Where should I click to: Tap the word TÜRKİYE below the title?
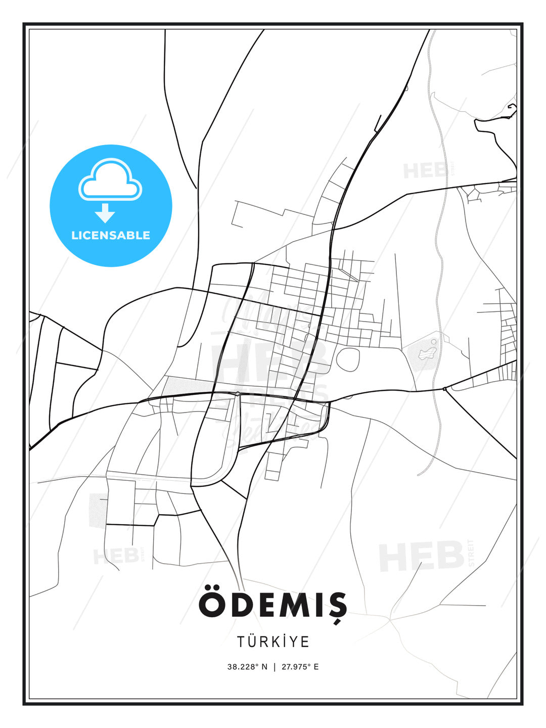tap(273, 642)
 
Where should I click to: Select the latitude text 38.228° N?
tap(247, 667)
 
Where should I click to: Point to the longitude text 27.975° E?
tap(300, 667)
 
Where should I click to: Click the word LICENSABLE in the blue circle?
tap(111, 235)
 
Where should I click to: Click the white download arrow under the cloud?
tap(105, 213)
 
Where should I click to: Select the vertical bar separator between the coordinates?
tap(275, 667)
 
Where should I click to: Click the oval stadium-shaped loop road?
tap(348, 359)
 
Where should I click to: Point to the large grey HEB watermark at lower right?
tap(421, 556)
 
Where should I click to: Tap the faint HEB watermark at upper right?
tap(425, 171)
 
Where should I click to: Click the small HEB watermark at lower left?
tap(116, 556)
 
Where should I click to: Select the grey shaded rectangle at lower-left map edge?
tap(98, 511)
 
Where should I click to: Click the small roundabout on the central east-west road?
tap(237, 393)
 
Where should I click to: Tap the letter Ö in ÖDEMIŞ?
tap(211, 603)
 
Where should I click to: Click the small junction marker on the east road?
tap(444, 389)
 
